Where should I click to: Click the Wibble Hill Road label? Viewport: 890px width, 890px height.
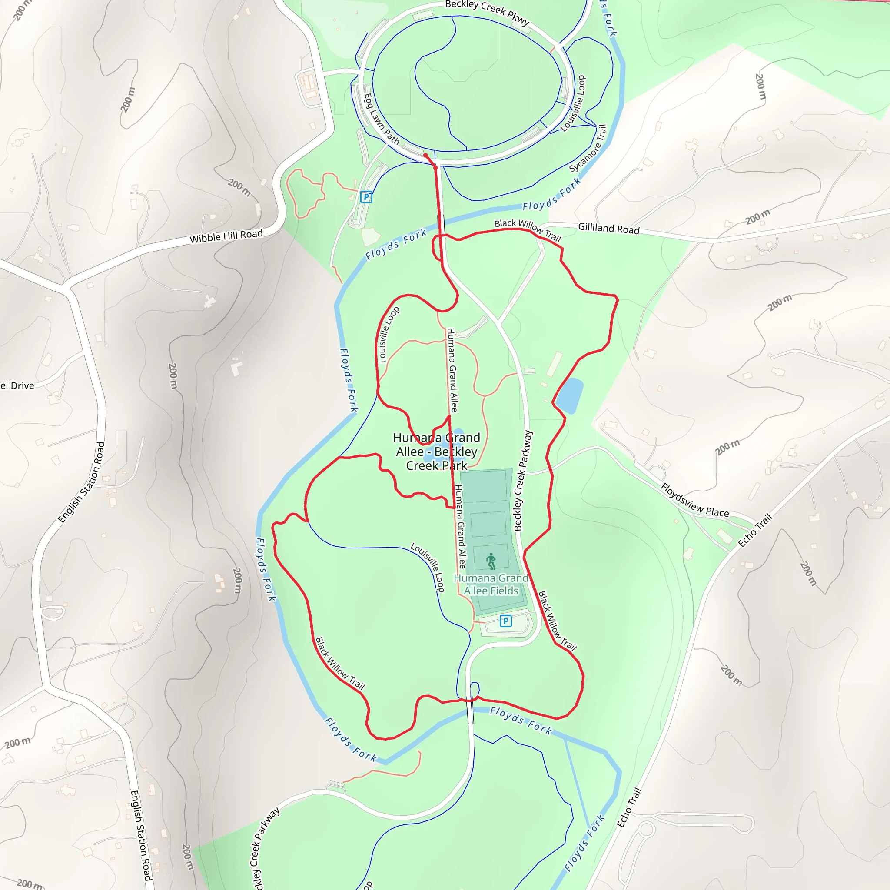[226, 236]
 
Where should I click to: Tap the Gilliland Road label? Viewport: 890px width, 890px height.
[608, 229]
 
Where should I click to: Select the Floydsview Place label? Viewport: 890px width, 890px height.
[695, 500]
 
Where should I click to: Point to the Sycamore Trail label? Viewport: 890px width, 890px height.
[588, 148]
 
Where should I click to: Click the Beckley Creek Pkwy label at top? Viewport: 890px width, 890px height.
[487, 13]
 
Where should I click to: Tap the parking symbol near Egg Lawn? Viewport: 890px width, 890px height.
[366, 197]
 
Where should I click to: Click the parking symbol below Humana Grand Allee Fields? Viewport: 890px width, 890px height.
[505, 621]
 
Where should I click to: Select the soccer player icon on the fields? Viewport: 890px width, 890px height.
[491, 561]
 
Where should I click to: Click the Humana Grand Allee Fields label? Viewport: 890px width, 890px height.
[491, 584]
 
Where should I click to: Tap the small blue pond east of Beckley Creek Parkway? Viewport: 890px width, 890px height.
[570, 396]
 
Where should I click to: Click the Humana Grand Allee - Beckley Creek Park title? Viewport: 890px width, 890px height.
[436, 452]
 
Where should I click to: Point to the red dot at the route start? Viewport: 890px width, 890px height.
[425, 155]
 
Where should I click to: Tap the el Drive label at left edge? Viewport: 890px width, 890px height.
[17, 385]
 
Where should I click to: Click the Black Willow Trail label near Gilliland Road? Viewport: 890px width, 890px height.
[528, 230]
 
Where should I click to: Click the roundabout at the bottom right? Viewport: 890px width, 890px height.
[646, 830]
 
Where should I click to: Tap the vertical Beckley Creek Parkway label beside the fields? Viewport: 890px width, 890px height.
[523, 481]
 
